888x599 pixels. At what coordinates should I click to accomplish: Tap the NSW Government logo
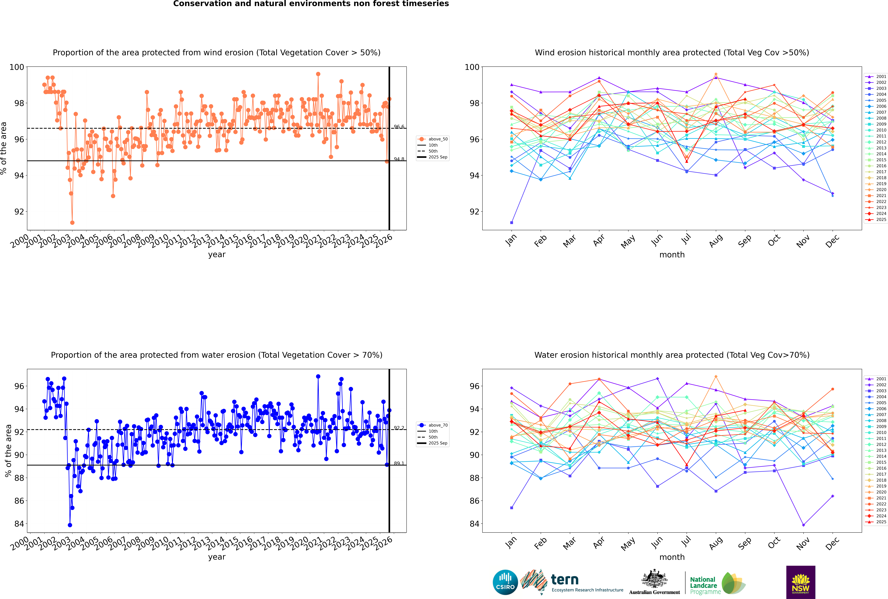(801, 582)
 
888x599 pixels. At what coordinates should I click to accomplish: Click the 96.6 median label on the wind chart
(399, 127)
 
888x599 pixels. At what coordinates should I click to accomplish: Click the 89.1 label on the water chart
(399, 463)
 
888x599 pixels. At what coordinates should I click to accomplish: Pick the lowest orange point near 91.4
(72, 222)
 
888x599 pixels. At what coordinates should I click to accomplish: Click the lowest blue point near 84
(70, 525)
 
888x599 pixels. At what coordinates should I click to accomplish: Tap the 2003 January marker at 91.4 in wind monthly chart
(512, 222)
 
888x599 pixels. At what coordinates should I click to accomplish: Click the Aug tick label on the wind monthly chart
(715, 241)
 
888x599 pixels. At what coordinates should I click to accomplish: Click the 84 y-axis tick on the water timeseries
(19, 524)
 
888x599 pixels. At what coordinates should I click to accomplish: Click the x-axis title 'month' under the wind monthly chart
(672, 255)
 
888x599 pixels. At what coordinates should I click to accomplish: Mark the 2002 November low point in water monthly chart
(803, 525)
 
